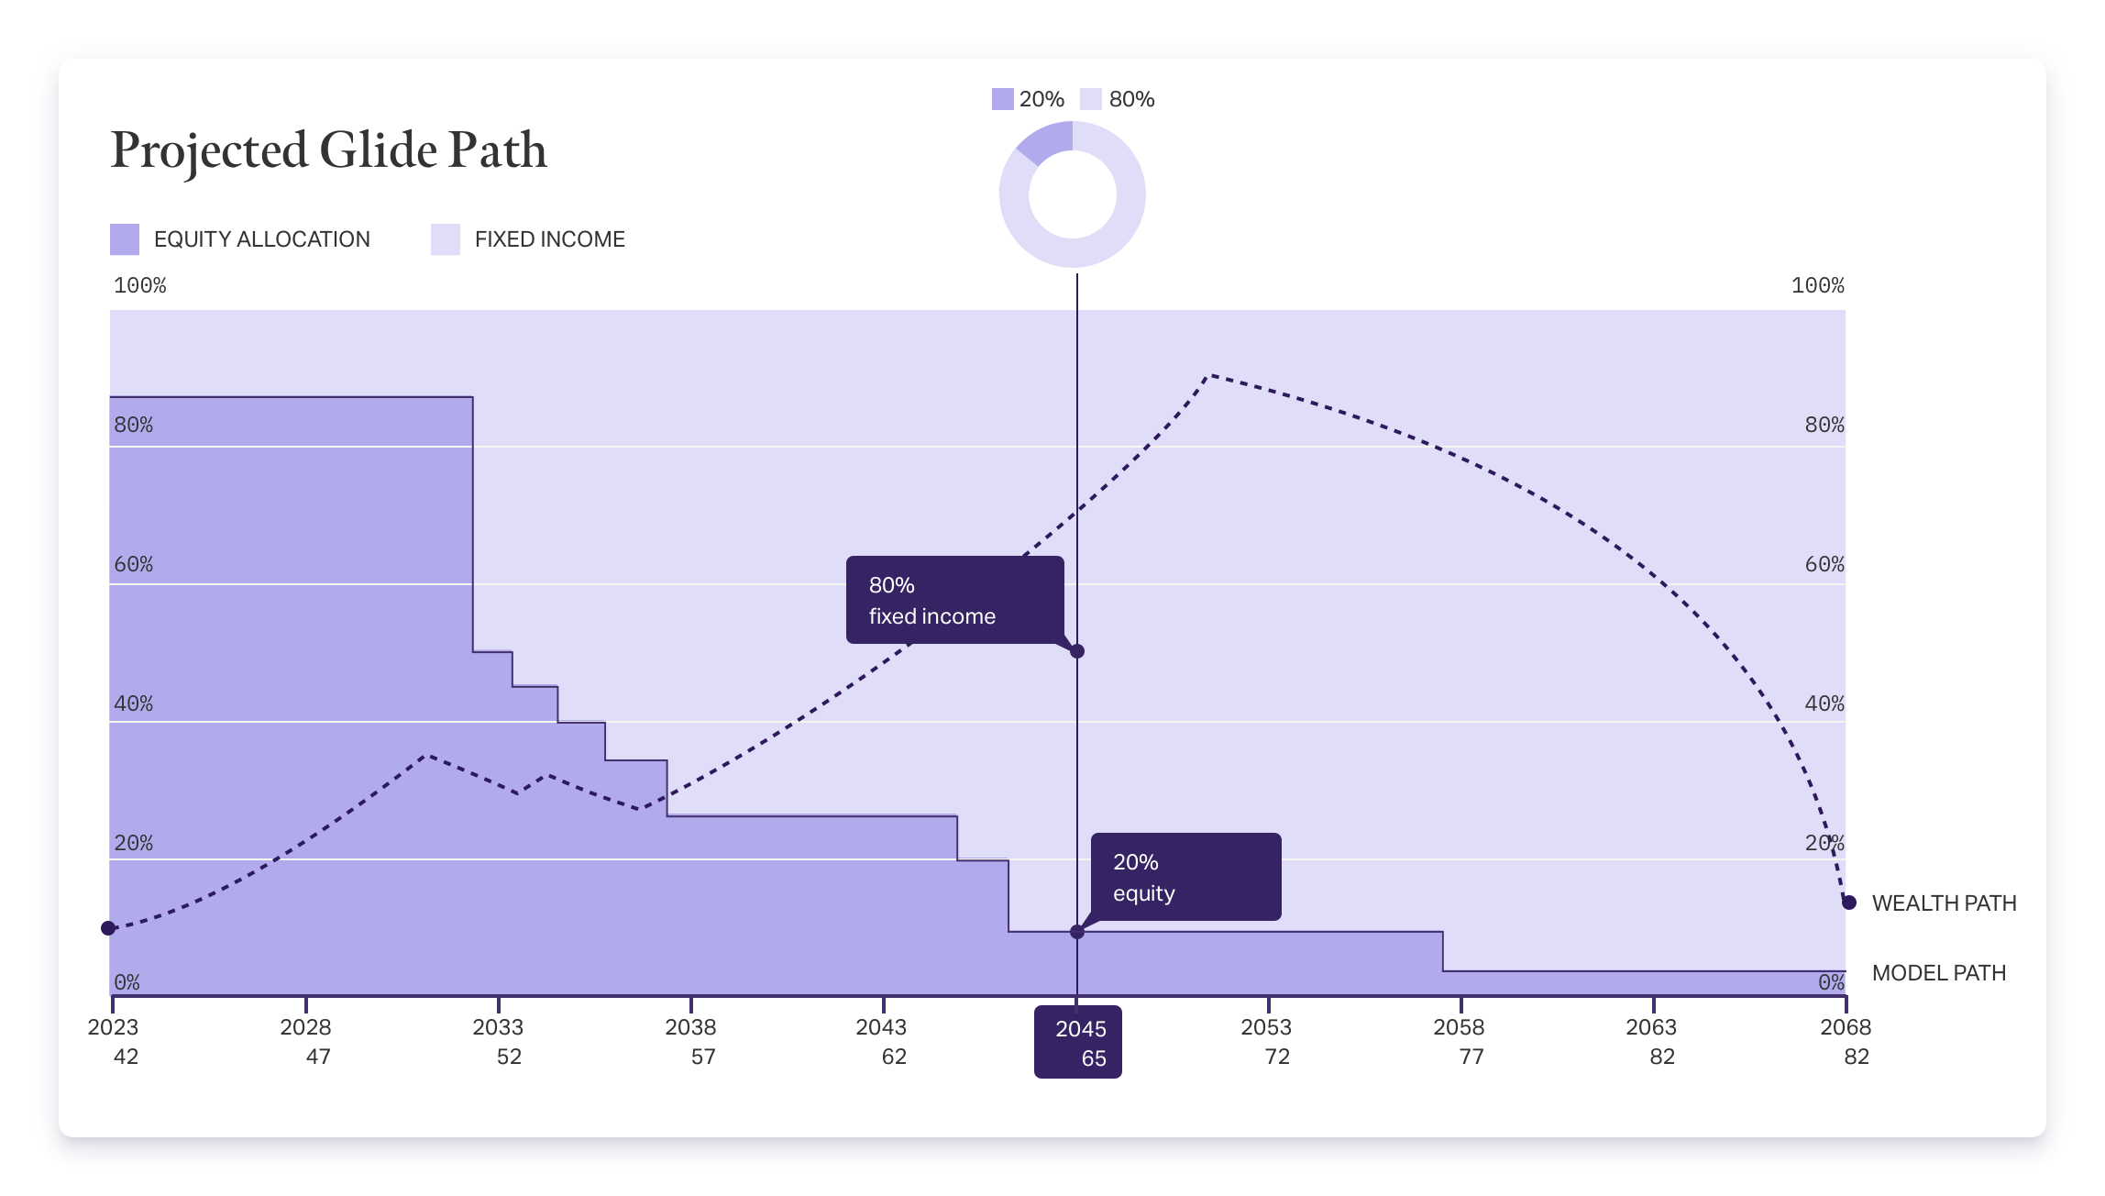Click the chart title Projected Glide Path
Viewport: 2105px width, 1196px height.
click(328, 150)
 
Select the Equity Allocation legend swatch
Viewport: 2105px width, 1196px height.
click(125, 239)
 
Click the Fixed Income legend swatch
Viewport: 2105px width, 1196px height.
click(446, 239)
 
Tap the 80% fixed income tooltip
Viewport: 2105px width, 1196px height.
click(954, 600)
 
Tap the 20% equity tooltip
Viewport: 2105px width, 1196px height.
click(1185, 877)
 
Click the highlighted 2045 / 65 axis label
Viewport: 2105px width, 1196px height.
click(1078, 1042)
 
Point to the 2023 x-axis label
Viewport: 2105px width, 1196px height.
click(114, 1027)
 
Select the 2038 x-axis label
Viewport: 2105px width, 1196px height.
click(690, 1027)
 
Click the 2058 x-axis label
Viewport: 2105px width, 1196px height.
click(1459, 1027)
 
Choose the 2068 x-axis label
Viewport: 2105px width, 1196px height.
click(1846, 1027)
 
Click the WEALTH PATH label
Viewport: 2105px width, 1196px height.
click(1944, 903)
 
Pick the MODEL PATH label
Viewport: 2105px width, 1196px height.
click(1938, 973)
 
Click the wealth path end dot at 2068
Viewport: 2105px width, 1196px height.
click(1849, 903)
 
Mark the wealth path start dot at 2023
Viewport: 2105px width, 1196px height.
click(108, 928)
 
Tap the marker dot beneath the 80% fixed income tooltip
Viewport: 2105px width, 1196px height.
click(1077, 651)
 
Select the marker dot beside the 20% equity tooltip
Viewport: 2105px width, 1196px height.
click(1077, 932)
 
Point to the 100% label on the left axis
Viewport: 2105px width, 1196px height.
click(139, 286)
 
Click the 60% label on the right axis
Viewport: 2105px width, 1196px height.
click(1824, 565)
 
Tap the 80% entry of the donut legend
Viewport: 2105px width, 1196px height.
click(1119, 99)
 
